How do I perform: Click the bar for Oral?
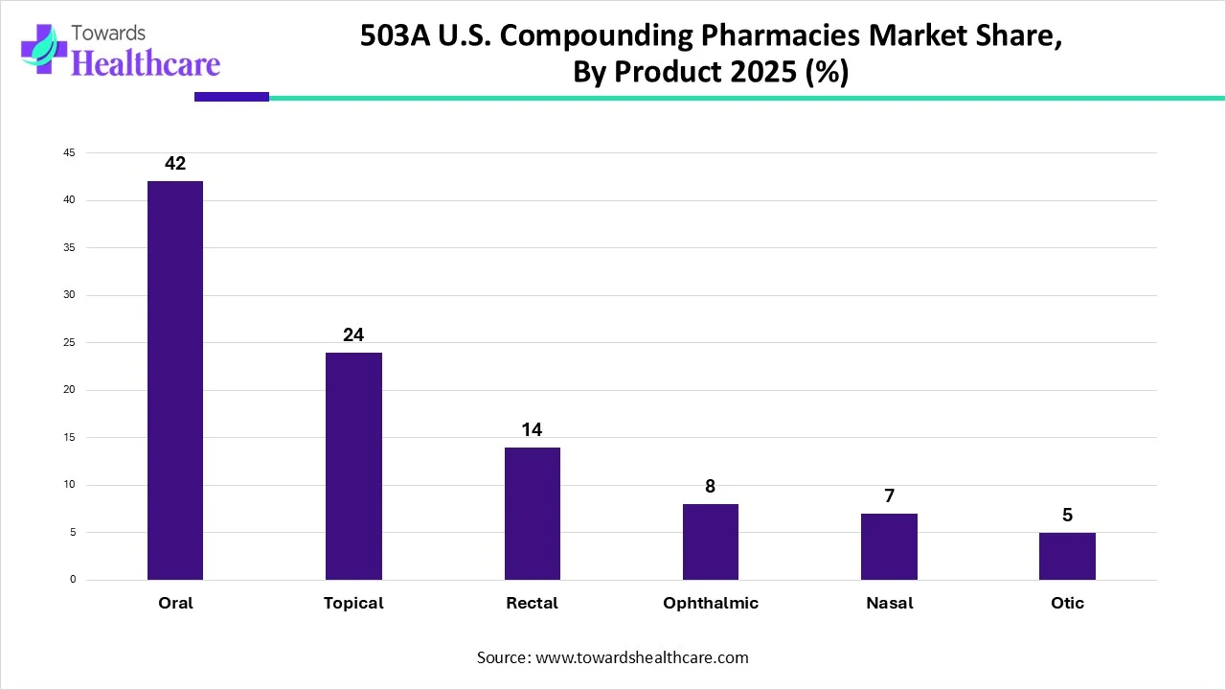coord(175,380)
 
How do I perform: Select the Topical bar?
coord(353,466)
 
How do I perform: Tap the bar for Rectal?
coord(532,514)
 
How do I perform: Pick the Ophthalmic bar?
coord(710,541)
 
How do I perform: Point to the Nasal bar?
coord(889,546)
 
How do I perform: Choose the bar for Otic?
coord(1067,556)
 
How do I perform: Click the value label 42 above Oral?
coord(175,164)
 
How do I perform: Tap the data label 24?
coord(353,335)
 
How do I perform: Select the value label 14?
coord(532,430)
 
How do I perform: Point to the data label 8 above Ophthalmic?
coord(710,487)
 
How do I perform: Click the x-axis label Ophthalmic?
coord(710,603)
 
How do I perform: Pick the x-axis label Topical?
coord(353,603)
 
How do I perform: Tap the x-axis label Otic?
coord(1067,603)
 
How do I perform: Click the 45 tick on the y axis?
coord(69,153)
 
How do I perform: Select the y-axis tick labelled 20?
coord(69,390)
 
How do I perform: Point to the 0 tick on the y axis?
coord(72,580)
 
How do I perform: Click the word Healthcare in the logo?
coord(146,63)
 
